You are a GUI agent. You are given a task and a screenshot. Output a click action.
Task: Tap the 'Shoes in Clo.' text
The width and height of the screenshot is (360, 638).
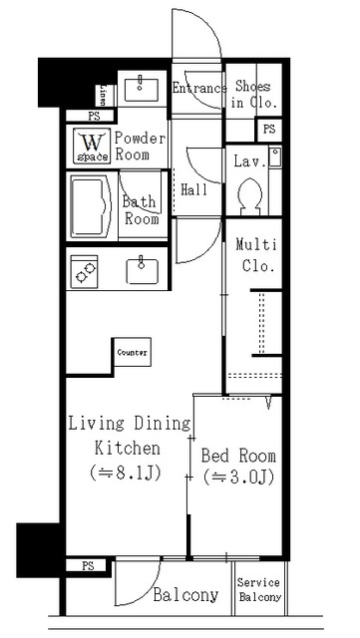tap(252, 95)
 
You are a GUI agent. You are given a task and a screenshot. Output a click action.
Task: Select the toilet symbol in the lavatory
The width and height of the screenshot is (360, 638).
tap(251, 194)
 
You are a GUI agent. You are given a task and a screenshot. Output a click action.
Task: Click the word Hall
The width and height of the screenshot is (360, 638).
tap(193, 189)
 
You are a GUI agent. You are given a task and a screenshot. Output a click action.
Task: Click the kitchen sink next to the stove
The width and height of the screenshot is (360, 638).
tap(143, 269)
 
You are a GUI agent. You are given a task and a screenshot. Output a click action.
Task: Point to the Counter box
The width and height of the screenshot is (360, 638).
tap(133, 353)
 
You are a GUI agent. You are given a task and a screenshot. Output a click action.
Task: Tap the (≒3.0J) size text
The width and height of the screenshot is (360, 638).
tap(238, 478)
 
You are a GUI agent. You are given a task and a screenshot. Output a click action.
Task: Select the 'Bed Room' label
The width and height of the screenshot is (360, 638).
tap(238, 456)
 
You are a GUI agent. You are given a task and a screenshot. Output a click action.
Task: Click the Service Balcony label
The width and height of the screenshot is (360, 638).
tap(259, 591)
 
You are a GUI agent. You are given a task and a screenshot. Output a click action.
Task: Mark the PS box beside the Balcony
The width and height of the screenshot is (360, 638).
tap(88, 565)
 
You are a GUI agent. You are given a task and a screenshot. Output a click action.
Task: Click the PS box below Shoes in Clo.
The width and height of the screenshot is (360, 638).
tap(268, 130)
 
